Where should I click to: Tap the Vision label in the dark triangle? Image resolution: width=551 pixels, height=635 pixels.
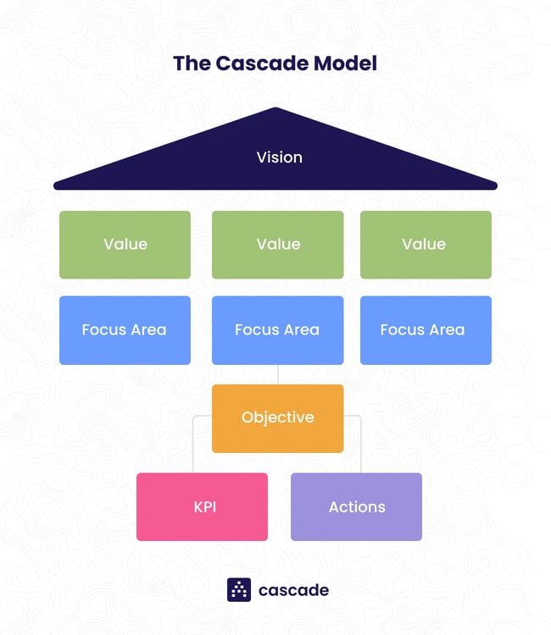coord(279,157)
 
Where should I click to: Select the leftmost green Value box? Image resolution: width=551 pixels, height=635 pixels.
coord(125,245)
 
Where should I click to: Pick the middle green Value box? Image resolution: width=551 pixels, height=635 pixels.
coord(277,245)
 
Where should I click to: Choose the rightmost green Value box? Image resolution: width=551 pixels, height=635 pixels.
coord(426,245)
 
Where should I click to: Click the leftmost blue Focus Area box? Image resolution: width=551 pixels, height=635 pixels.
coord(125,330)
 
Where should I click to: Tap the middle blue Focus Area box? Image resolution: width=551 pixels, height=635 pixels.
coord(277,330)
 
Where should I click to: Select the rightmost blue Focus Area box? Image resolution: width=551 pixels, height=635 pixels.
coord(426,330)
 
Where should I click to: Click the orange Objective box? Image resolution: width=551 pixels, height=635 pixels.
coord(277,418)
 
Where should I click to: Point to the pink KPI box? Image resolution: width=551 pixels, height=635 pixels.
coord(202,507)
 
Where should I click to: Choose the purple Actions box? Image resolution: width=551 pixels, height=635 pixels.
coord(356,507)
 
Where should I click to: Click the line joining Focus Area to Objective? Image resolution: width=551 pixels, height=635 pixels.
coord(278,375)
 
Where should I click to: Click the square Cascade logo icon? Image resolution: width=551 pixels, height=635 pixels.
coord(239,590)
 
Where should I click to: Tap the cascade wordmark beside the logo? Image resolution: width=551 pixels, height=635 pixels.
coord(293,590)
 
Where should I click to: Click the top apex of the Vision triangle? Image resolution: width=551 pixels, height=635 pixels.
coord(275,109)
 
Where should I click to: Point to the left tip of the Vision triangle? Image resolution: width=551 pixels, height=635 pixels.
coord(57,185)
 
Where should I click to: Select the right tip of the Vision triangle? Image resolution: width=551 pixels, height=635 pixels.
coord(494,185)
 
